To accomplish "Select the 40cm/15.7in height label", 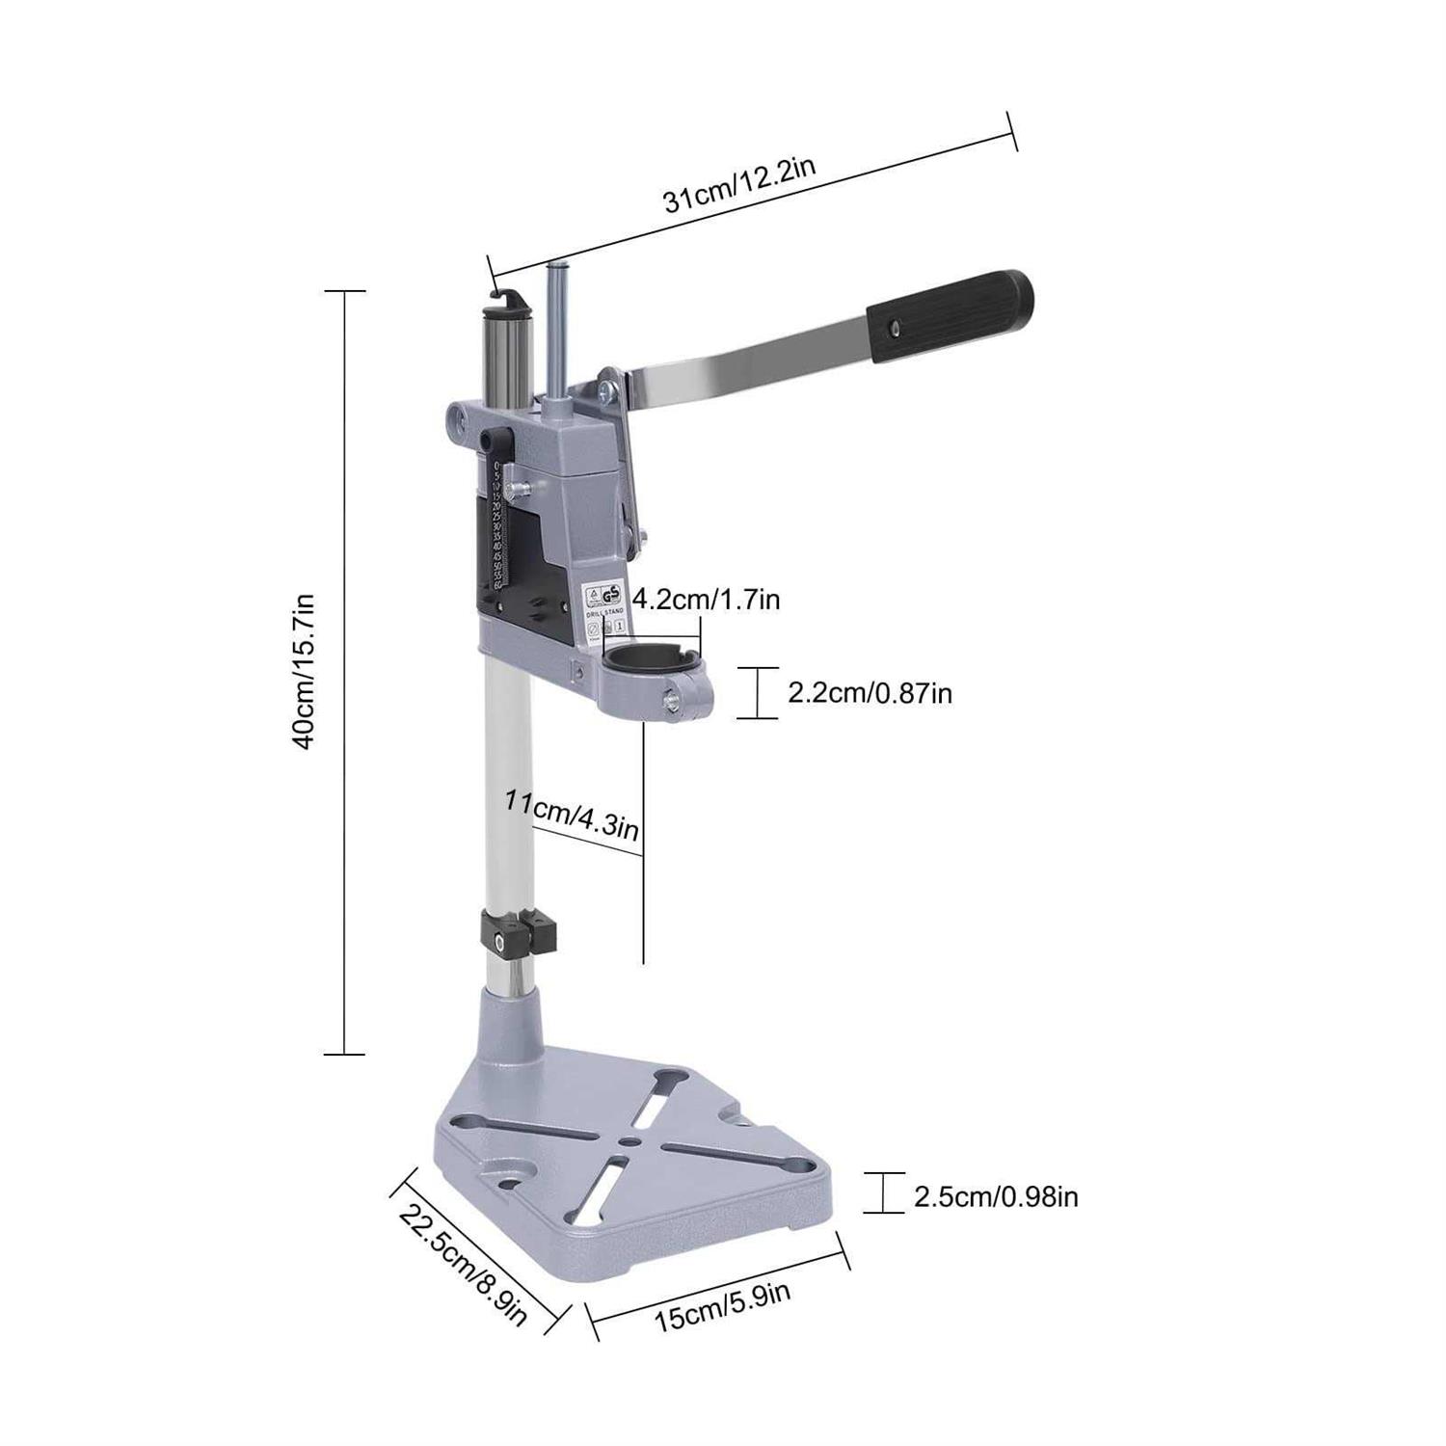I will coord(305,672).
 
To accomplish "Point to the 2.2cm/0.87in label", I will coord(870,692).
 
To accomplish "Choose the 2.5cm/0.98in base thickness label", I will coord(995,1197).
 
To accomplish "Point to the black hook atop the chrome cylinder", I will coord(510,295).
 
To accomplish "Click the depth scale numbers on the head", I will coord(496,525).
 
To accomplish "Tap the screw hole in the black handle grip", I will coord(892,330).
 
